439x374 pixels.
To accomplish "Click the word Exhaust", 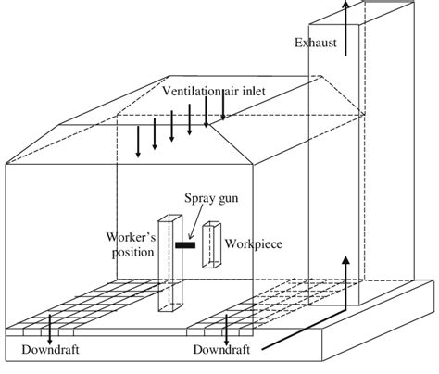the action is pos(316,43).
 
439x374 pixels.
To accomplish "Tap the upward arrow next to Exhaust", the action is pos(345,29).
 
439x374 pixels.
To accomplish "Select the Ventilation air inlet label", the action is pos(214,91).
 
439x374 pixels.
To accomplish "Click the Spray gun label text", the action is pos(211,198).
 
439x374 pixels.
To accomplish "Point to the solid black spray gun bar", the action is pos(185,245).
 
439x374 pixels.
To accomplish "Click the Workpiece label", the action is pos(254,243).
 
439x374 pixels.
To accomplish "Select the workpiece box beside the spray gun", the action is pos(212,244).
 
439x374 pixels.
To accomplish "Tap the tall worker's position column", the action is pos(169,263).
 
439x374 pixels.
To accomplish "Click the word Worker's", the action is pos(132,237).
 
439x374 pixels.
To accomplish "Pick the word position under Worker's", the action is pos(133,252).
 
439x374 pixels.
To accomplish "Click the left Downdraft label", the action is pos(50,350).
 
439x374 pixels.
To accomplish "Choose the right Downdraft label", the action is pos(221,350).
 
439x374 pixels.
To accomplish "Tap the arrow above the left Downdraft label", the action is pos(50,330).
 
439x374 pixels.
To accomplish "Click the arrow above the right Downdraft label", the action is pos(226,330).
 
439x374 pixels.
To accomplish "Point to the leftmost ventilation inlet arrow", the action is pos(138,142).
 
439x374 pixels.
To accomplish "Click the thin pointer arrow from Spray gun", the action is pos(195,221).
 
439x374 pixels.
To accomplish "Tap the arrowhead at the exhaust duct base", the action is pos(346,260).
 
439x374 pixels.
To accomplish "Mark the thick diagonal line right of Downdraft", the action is pos(304,330).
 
